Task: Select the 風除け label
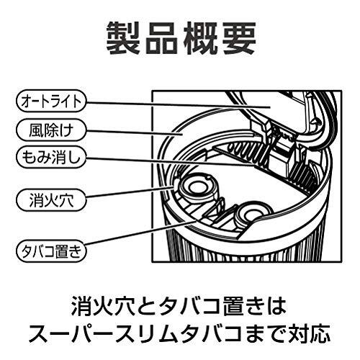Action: tap(48, 130)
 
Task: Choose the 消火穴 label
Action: tap(48, 197)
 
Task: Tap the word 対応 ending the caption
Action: tap(312, 333)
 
